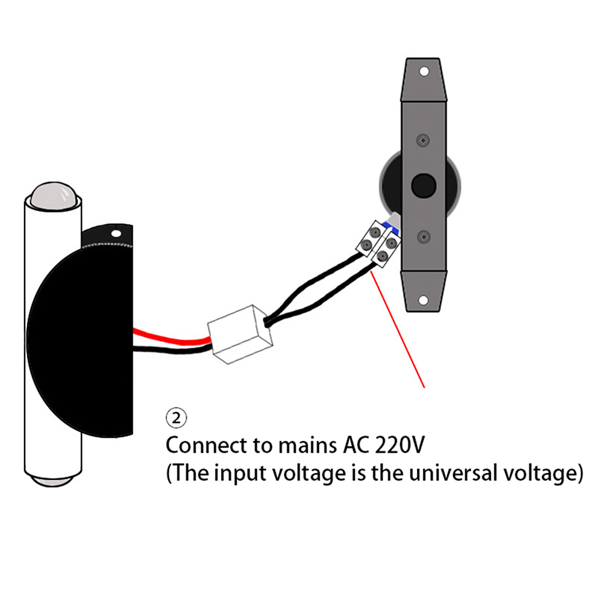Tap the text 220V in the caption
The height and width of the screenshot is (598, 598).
pyautogui.click(x=397, y=446)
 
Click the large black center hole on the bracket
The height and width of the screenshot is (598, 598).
pyautogui.click(x=424, y=184)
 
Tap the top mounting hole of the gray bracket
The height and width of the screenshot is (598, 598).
pyautogui.click(x=424, y=73)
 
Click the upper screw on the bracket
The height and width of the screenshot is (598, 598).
pyautogui.click(x=424, y=140)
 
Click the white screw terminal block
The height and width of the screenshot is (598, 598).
pyautogui.click(x=378, y=244)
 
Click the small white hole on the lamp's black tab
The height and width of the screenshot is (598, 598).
pyautogui.click(x=116, y=233)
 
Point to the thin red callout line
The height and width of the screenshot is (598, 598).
pyautogui.click(x=398, y=330)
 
